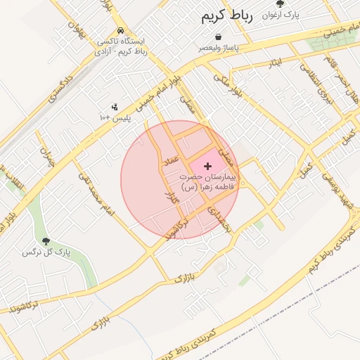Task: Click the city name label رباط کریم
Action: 226,15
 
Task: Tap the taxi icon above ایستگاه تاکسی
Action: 122,32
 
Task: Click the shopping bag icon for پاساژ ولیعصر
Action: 219,36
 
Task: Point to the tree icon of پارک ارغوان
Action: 290,4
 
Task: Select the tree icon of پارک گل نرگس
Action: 46,241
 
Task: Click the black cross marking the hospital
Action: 207,165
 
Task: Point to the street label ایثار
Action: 276,63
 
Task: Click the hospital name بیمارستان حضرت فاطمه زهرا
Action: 209,181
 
